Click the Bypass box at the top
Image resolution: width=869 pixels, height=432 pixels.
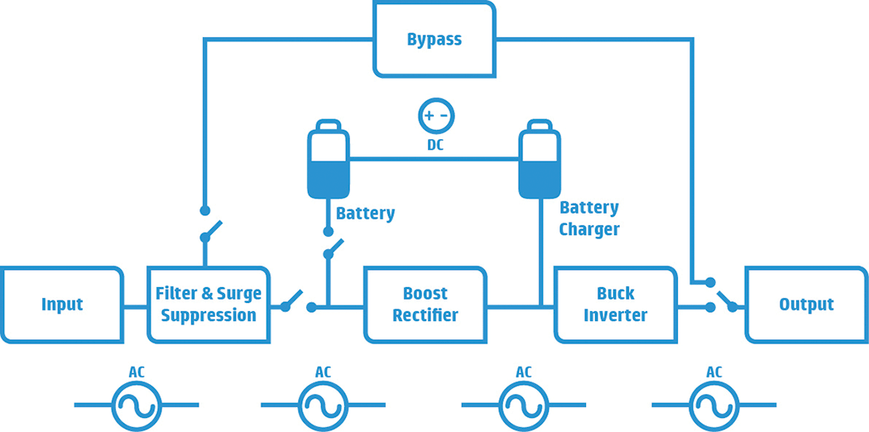(x=434, y=39)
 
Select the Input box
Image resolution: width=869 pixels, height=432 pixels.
(x=62, y=305)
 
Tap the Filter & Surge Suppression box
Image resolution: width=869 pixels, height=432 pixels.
(x=209, y=305)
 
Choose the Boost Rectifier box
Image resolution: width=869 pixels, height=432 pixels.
(x=425, y=305)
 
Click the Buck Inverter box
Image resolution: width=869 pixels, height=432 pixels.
(x=615, y=305)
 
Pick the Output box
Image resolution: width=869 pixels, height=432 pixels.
(x=806, y=305)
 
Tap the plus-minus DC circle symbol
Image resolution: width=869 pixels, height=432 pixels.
(x=435, y=116)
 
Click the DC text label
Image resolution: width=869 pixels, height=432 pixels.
(x=435, y=146)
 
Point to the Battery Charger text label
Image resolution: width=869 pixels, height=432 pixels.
(x=588, y=218)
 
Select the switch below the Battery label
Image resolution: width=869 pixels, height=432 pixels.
(x=333, y=247)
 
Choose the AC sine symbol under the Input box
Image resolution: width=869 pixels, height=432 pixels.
(x=137, y=405)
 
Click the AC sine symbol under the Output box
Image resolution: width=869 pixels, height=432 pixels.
(x=713, y=405)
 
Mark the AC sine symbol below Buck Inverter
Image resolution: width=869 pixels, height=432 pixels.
(x=523, y=405)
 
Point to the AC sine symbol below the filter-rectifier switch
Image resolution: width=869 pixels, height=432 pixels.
(x=323, y=405)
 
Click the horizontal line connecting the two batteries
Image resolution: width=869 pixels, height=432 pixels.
(x=434, y=159)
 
